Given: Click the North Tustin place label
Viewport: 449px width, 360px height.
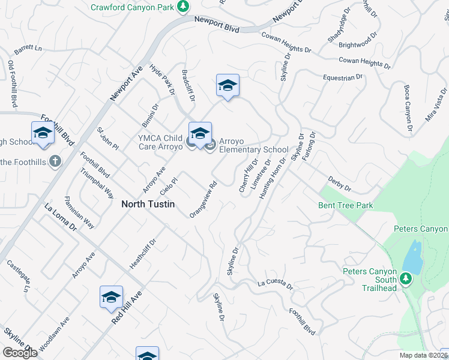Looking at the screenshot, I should [x=148, y=204].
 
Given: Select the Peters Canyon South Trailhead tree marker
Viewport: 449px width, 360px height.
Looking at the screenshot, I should [x=406, y=278].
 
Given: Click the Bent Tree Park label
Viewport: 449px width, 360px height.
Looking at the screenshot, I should [x=345, y=206].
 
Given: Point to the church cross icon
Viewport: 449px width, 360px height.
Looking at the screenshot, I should [x=55, y=161].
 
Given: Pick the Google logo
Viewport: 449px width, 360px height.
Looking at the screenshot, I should [x=20, y=353].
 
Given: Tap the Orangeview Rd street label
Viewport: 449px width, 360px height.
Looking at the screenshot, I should [x=202, y=200].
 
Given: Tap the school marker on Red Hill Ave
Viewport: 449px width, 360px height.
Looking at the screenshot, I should [x=111, y=297].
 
